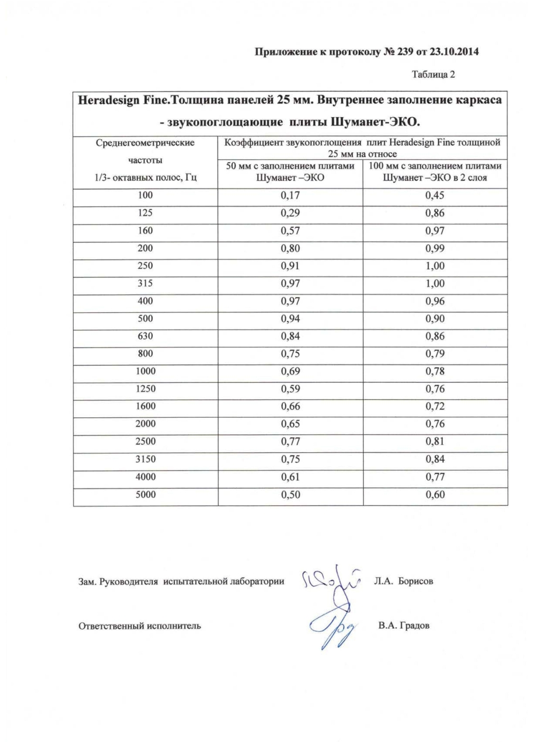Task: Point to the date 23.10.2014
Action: pos(455,52)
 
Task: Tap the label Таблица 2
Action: pos(433,74)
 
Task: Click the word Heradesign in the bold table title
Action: pos(108,100)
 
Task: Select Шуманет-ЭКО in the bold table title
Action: pos(375,123)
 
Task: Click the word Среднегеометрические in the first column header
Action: pos(145,143)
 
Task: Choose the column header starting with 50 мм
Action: pos(290,172)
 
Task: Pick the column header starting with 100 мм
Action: pos(435,172)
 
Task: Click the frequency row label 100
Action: pos(145,195)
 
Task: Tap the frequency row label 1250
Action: pos(145,389)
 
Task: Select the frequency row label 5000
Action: pos(145,495)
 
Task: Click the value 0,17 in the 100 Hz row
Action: pos(290,195)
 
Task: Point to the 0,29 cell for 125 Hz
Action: pos(290,213)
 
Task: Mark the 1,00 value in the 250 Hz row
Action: pos(435,266)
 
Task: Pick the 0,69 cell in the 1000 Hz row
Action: pos(290,371)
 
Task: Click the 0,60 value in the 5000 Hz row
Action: pos(435,495)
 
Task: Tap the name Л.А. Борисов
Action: pos(403,581)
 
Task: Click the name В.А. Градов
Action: pos(403,626)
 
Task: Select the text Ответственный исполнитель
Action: pos(140,626)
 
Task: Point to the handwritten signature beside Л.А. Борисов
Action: pos(330,582)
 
